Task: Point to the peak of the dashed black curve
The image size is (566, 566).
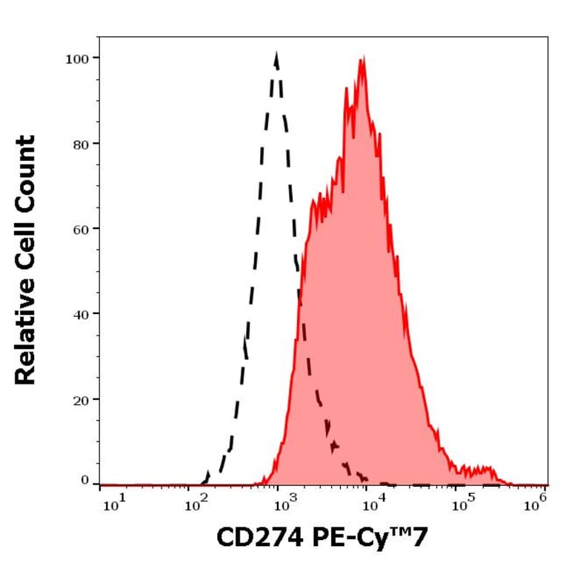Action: pyautogui.click(x=276, y=54)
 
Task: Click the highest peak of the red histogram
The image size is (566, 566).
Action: pyautogui.click(x=362, y=59)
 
